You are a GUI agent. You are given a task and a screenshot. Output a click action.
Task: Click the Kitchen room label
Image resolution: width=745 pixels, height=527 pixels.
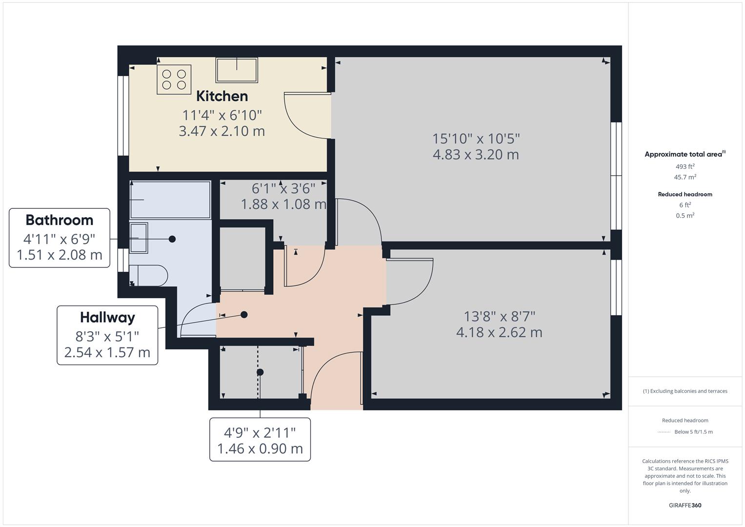pos(222,96)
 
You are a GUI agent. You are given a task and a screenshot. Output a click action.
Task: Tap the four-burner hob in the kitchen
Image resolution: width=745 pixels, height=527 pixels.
pos(174,80)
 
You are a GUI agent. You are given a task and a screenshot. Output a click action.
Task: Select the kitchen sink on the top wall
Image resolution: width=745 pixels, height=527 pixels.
pos(237,70)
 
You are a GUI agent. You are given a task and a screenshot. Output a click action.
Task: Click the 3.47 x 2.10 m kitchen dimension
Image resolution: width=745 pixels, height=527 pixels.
pos(222,131)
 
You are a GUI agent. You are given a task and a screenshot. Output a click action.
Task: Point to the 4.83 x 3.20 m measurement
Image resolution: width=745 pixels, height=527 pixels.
pos(476,155)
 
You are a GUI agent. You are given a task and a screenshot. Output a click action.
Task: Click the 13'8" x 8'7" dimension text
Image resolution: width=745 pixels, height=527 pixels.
pos(499,316)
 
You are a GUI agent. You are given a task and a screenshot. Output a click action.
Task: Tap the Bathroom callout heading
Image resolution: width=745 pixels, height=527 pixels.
pos(60,220)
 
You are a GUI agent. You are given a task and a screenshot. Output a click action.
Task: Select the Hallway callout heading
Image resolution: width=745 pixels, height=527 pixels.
pos(107,318)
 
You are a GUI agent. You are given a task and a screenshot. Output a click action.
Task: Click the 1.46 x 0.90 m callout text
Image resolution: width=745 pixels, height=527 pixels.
pos(260,448)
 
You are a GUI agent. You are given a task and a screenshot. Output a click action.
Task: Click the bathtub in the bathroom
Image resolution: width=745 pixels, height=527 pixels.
pos(170,200)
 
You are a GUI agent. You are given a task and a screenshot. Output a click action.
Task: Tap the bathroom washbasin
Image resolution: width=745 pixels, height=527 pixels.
pos(139,238)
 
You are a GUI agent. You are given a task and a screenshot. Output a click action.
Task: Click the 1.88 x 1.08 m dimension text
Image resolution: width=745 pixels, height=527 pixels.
pos(283,204)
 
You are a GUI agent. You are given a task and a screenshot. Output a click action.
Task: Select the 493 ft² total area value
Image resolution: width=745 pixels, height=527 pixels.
pos(685,166)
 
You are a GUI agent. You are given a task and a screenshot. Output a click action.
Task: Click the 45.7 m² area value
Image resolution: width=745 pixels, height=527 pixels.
pos(685,177)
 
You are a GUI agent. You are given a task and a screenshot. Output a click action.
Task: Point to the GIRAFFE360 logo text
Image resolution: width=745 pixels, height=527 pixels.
pos(685,505)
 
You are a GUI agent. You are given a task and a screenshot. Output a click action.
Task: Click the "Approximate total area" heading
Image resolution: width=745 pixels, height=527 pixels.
pos(683,154)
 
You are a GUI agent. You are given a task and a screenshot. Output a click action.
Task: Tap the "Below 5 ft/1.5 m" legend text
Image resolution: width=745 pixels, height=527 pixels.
pos(693,432)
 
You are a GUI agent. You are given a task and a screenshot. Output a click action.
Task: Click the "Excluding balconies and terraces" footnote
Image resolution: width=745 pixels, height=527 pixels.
pos(685,391)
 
